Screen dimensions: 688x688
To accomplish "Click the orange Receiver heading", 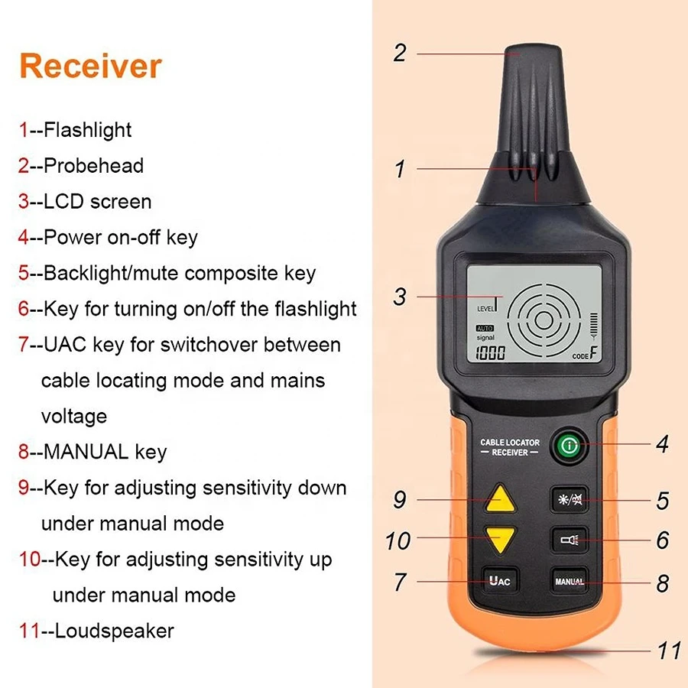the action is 91,67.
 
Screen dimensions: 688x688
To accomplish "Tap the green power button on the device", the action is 570,446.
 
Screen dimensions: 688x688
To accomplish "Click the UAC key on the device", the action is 500,582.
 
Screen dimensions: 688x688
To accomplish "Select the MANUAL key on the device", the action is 569,582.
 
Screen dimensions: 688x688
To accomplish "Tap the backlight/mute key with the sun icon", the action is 569,499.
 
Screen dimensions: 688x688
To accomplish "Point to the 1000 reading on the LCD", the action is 491,352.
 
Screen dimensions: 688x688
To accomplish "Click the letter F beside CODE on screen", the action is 594,352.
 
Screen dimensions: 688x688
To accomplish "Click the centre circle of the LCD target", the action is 544,320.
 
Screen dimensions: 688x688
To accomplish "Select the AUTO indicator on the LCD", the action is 485,328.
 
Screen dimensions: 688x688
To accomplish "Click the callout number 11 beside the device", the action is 669,651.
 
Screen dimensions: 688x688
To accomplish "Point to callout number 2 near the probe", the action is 400,53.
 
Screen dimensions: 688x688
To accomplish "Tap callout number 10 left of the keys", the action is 398,541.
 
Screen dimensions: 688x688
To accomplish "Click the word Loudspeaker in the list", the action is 115,631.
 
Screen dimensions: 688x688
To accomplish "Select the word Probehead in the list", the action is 93,166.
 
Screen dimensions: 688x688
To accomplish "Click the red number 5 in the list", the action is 23,272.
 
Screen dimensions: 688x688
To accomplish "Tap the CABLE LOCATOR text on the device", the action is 510,443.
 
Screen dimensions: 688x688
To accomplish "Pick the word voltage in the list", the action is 74,416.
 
